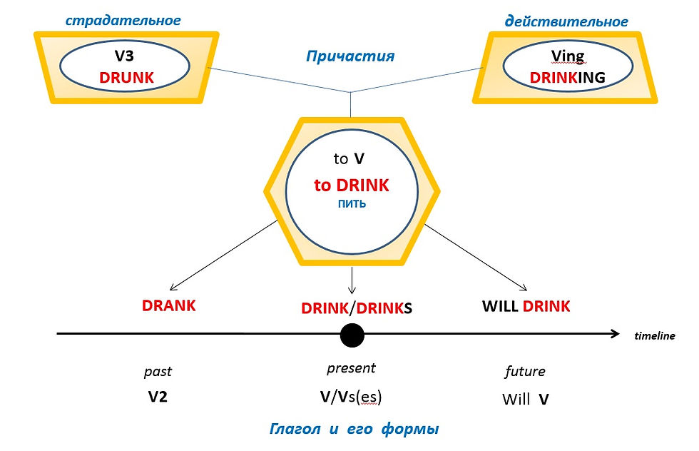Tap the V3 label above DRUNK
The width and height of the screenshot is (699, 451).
[x=124, y=57]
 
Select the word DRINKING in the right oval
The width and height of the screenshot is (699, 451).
[x=567, y=77]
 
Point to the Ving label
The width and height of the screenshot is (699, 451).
[x=568, y=58]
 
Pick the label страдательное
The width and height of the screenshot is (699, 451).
[x=123, y=21]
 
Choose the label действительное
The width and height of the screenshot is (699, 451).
[x=566, y=21]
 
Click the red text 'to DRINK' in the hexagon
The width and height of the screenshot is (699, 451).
[x=352, y=186]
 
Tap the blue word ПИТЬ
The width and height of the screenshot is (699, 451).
[x=352, y=204]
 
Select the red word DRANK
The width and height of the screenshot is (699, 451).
[x=168, y=306]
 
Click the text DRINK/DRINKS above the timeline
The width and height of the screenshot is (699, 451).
[x=357, y=308]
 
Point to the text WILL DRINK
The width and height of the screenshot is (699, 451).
[x=526, y=307]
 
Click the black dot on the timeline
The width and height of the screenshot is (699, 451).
[x=352, y=334]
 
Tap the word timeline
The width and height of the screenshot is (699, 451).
[x=655, y=336]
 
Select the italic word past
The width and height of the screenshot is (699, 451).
[x=158, y=372]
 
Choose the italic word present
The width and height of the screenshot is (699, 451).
[x=351, y=369]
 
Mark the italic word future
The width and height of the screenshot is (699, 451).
[x=525, y=372]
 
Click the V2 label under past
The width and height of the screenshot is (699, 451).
[x=158, y=397]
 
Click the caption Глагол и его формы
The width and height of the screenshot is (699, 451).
[x=354, y=430]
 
